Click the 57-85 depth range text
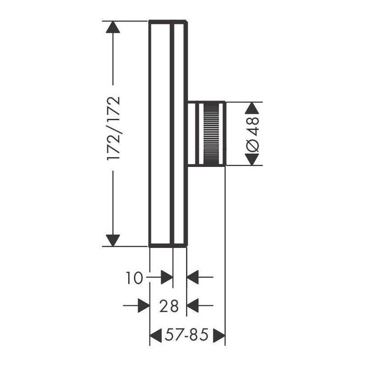coord(187,334)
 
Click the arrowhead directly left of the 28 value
coord(143,306)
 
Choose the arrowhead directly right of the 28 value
coord(193,306)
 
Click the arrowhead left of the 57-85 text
coord(155,334)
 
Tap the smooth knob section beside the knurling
coord(194,134)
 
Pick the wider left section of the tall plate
coord(161,134)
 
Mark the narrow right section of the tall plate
coord(179,134)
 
